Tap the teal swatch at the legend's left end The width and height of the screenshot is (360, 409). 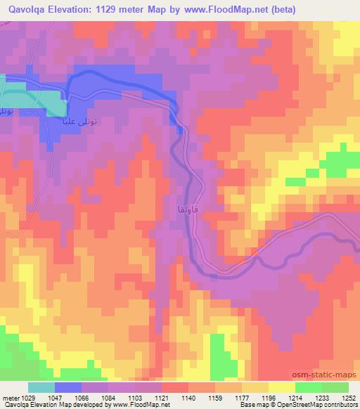click(41, 387)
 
